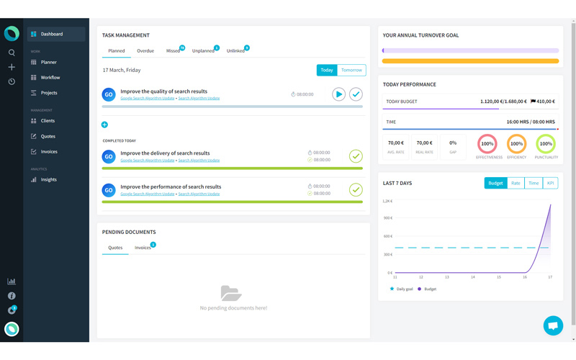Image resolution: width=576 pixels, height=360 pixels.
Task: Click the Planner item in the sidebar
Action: [48, 63]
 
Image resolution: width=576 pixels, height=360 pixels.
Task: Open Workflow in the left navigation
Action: [50, 78]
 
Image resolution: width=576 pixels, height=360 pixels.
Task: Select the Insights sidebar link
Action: [48, 180]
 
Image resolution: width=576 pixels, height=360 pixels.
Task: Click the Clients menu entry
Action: [48, 121]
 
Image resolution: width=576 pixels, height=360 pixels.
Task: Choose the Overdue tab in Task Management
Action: [145, 51]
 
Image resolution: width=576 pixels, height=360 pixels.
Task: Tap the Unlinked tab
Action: [235, 51]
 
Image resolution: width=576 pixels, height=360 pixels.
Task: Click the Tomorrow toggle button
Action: [351, 70]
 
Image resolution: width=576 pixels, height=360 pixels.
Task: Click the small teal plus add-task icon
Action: [104, 125]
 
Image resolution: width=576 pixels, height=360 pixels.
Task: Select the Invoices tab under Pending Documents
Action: [143, 248]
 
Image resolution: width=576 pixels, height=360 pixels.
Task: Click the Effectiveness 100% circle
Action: [487, 144]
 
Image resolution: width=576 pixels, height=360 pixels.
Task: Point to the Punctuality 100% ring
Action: [546, 144]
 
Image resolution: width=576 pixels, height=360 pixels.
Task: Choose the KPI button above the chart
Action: [550, 183]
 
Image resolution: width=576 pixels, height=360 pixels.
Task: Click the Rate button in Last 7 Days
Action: [516, 183]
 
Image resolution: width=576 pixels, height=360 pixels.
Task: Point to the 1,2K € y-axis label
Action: [387, 201]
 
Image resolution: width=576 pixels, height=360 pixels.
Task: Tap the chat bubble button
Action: [553, 325]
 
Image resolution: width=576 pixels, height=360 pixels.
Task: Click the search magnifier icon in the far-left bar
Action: [12, 53]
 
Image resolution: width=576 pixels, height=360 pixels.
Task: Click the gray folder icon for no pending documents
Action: [230, 293]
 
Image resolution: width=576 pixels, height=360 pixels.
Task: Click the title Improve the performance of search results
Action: [171, 186]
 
